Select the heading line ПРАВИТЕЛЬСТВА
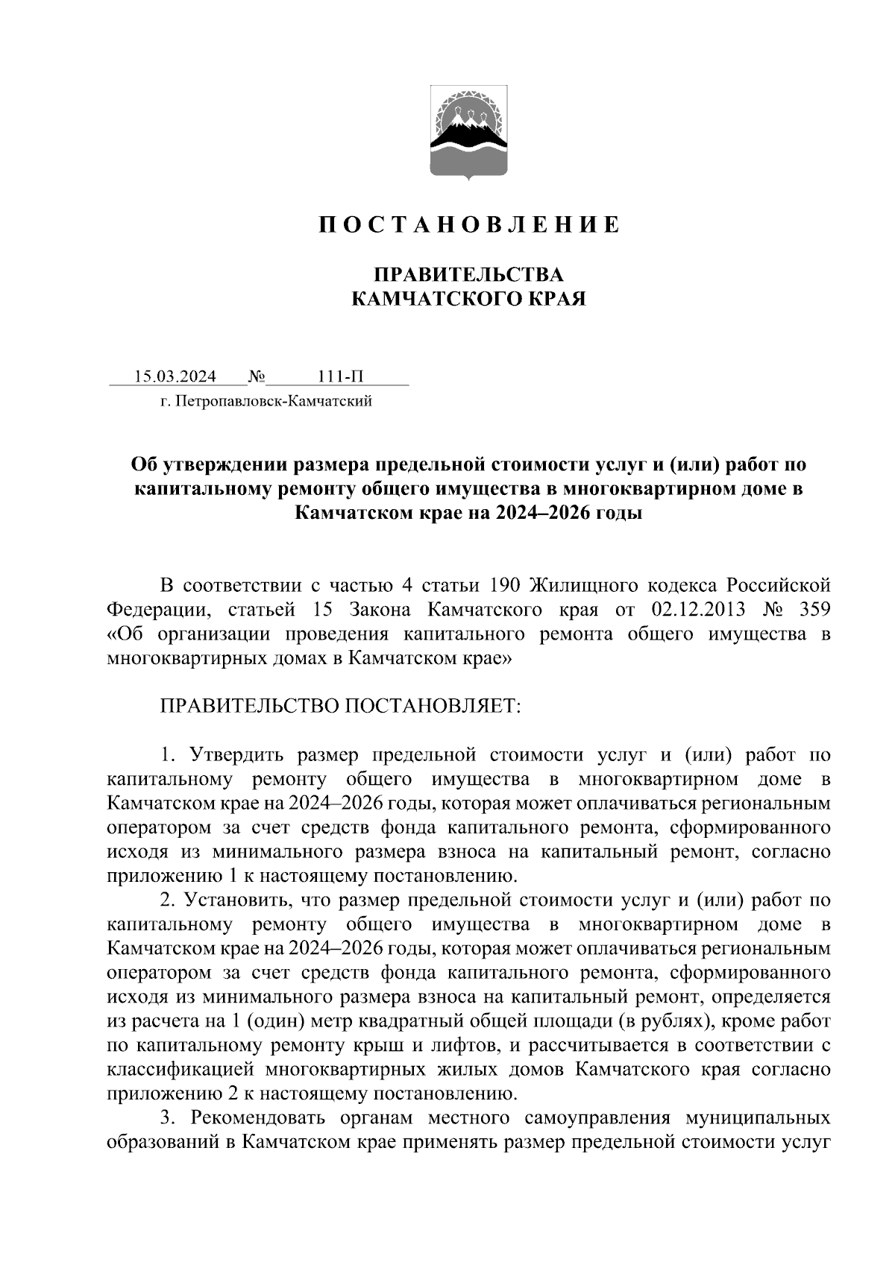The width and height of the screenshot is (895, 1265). (x=468, y=274)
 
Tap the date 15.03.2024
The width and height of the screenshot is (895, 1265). (x=175, y=376)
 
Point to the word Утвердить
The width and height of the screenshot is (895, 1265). (x=236, y=754)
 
